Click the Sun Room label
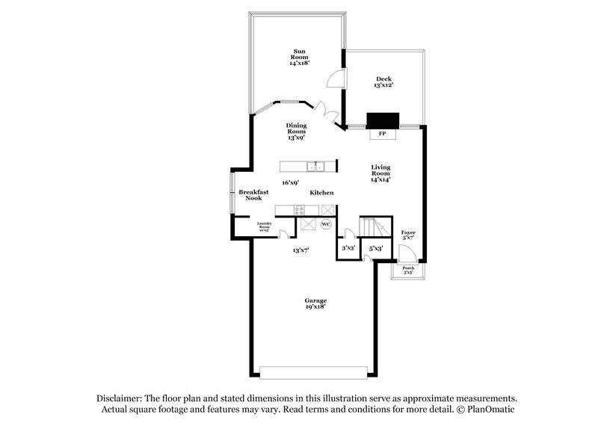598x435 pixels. point(299,58)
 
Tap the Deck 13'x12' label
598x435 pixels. point(383,82)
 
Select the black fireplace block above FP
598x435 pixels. point(383,121)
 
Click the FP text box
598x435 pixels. point(383,134)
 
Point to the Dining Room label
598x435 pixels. point(296,131)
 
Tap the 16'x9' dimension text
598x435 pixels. point(290,182)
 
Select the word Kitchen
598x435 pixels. point(321,193)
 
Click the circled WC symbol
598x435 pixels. point(326,223)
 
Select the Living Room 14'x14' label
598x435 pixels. point(381,173)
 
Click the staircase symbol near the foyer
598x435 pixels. point(374,226)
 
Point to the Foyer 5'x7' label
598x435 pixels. point(408,235)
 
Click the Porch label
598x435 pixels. point(408,270)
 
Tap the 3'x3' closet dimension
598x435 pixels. point(348,247)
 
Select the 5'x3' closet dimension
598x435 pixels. point(376,247)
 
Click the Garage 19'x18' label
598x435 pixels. point(314,302)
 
